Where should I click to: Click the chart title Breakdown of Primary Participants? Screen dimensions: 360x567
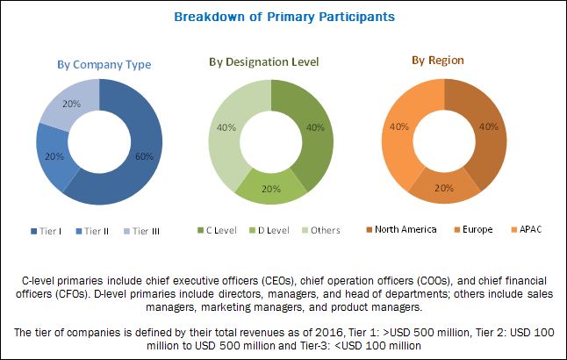coord(283,17)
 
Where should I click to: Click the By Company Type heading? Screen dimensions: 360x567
coord(104,64)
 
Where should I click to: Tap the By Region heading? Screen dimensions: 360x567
coord(440,60)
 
